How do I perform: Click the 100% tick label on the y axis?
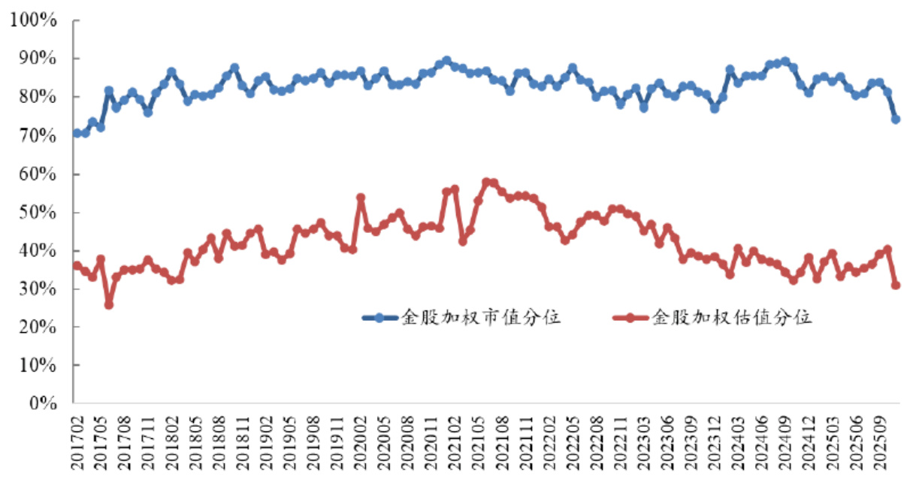35,20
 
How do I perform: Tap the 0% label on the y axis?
44,404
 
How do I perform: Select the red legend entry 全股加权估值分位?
733,318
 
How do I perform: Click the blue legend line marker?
380,318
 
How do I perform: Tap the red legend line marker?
632,318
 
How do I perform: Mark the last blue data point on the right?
896,119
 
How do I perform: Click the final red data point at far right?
896,285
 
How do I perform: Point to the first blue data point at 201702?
77,133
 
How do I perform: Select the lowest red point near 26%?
109,304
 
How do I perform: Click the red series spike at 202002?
361,198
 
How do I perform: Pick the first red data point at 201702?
77,265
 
